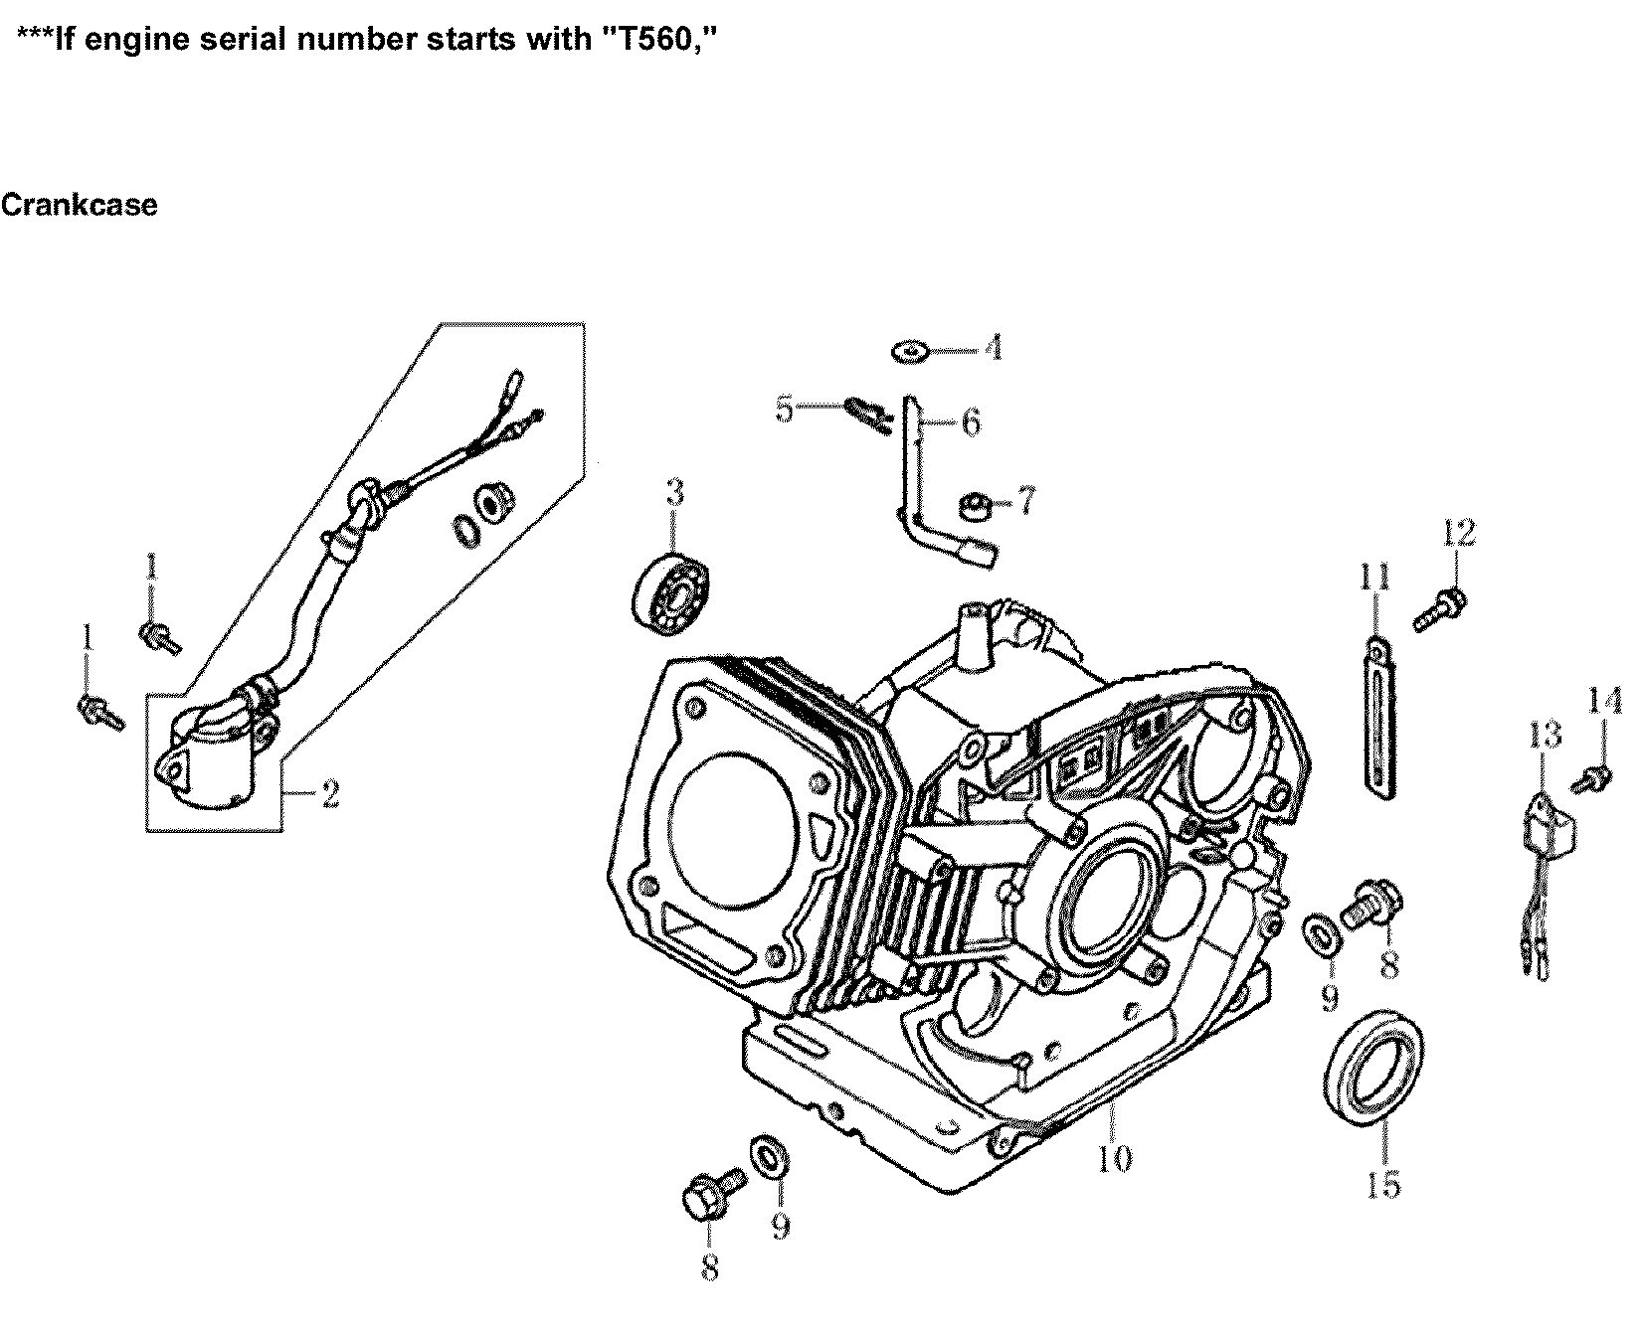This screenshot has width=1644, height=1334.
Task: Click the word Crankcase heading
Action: [79, 205]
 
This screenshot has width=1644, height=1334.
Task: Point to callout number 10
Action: [1114, 1158]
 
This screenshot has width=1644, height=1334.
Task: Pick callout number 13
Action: [1545, 737]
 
